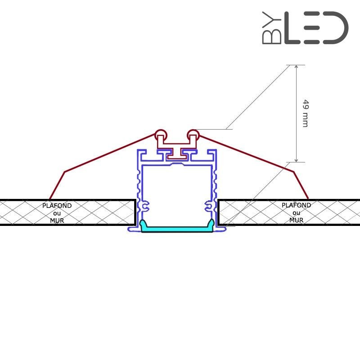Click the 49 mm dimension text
(305, 113)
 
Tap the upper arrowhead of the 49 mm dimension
(296, 67)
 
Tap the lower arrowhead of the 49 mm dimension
(296, 160)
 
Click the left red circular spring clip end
(161, 134)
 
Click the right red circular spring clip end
(193, 134)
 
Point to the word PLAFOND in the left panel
(57, 206)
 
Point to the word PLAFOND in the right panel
(296, 205)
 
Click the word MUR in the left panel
(57, 220)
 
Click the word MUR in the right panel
(296, 220)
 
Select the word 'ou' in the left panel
(57, 213)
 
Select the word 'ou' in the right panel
(296, 213)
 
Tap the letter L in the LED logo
(292, 28)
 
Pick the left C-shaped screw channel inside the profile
(144, 206)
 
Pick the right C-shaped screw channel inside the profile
(209, 206)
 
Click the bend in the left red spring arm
(65, 171)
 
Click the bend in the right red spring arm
(293, 171)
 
